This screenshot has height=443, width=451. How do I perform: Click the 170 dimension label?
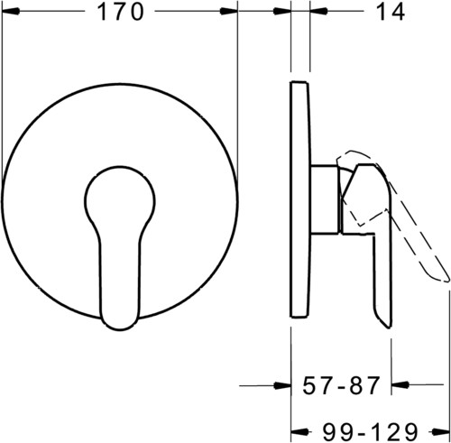pyautogui.click(x=120, y=12)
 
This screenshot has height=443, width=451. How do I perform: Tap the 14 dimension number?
pyautogui.click(x=391, y=12)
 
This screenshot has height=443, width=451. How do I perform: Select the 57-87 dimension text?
pyautogui.click(x=341, y=385)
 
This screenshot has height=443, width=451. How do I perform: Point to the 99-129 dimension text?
pyautogui.click(x=370, y=432)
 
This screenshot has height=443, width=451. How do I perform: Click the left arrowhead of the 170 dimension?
pyautogui.click(x=11, y=12)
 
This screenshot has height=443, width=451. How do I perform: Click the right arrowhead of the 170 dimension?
pyautogui.click(x=228, y=12)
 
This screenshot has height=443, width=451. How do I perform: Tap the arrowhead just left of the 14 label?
pyautogui.click(x=318, y=11)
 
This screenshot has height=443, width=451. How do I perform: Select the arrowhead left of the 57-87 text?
pyautogui.click(x=282, y=385)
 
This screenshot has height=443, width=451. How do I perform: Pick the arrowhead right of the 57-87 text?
pyautogui.click(x=400, y=384)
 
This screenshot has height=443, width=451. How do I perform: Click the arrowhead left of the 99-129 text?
pyautogui.click(x=300, y=432)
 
